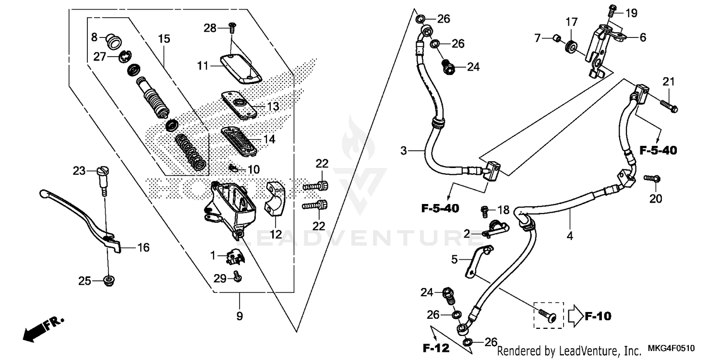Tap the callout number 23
[79, 170]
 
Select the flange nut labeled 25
[109, 280]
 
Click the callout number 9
[240, 316]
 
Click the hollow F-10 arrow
[575, 316]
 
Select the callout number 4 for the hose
[570, 236]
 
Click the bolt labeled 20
[651, 178]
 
